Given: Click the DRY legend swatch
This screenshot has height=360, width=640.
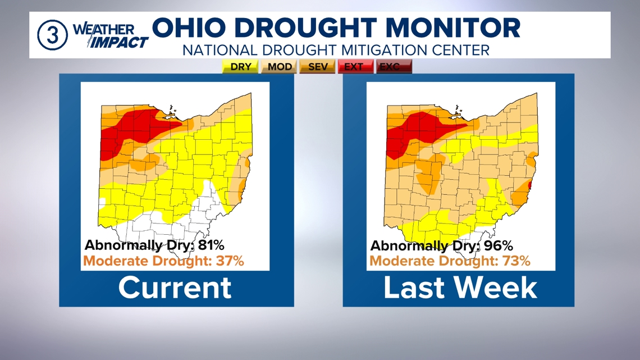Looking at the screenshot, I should [x=241, y=67].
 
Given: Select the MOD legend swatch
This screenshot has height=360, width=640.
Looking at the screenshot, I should [x=280, y=67].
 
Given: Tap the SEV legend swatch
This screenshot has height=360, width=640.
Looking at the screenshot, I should [x=318, y=67].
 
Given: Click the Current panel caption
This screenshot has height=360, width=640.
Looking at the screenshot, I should [x=175, y=287].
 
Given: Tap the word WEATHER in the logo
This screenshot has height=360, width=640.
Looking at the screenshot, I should [x=104, y=29].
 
